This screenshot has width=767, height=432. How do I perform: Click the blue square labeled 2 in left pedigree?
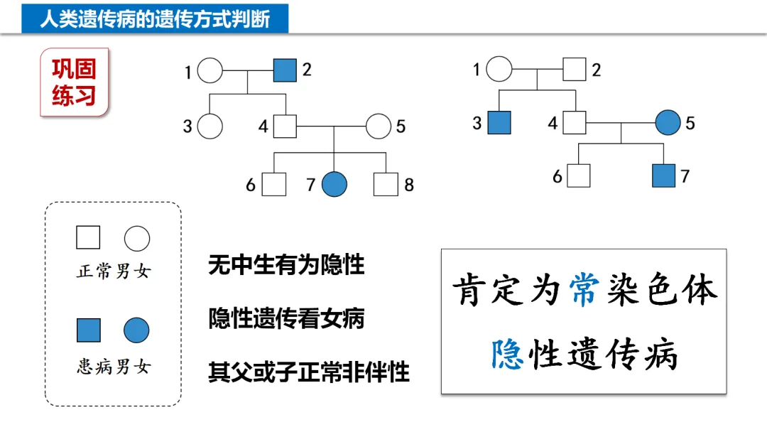(x=285, y=70)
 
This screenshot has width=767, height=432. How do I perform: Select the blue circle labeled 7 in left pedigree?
(x=334, y=185)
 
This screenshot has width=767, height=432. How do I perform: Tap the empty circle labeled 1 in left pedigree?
(x=210, y=71)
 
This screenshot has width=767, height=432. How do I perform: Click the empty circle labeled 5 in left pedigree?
(x=379, y=127)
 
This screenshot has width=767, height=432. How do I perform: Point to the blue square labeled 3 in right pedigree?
(x=499, y=123)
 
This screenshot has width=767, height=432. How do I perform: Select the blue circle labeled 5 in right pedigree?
(x=668, y=123)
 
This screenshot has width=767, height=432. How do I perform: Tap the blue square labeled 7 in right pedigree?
(x=664, y=175)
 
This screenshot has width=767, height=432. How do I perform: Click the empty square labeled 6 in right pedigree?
(x=580, y=175)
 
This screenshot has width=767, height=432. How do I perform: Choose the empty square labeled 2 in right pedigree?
(x=575, y=70)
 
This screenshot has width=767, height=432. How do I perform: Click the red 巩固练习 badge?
(x=74, y=82)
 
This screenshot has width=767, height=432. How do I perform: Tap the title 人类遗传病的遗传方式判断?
(x=155, y=18)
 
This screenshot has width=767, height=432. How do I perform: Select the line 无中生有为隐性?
(x=286, y=265)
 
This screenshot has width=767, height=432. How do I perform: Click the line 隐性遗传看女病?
(x=286, y=318)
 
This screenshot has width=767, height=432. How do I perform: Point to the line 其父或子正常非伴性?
(x=309, y=372)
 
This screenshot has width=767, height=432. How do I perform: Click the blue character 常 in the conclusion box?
(x=585, y=291)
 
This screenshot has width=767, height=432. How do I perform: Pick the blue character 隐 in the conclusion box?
(x=508, y=353)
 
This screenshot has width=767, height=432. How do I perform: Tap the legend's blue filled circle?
(x=136, y=330)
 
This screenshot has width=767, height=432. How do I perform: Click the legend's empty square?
(x=88, y=237)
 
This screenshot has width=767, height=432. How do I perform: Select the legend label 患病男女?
(x=114, y=367)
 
